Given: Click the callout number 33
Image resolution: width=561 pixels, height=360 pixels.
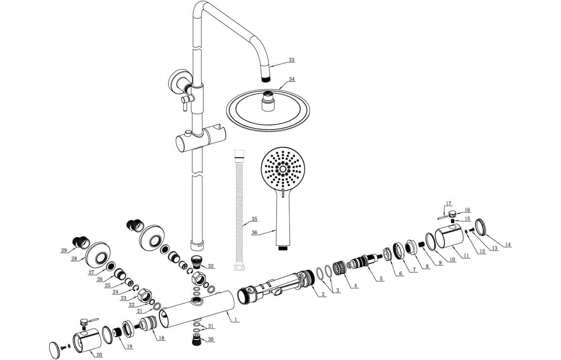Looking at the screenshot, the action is coord(292,60).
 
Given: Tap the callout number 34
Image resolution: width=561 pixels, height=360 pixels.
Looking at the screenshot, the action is coord(292,79).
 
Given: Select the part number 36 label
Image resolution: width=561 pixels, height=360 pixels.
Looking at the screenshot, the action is coord(254,232).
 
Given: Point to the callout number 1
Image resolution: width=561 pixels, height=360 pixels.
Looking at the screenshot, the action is coord(235,319).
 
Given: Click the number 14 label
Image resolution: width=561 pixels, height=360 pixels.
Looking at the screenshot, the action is coord(508,245).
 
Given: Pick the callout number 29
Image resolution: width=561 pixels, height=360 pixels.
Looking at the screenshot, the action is coord(64,250).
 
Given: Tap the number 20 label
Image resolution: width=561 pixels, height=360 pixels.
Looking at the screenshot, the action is coord(99,355).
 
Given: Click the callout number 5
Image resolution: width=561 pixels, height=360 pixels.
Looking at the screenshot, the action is coord(381,278).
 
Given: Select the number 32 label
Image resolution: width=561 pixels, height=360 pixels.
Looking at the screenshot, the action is coord(211,266).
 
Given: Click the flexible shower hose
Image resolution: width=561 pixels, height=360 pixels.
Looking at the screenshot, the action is coord(238,211).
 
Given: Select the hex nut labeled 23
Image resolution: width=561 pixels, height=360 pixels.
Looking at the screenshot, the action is coord(144,294).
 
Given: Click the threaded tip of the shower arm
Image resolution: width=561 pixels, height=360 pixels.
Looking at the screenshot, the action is coord(265,79).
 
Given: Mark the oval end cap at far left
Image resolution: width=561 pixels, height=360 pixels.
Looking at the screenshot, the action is coord(55,349).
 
